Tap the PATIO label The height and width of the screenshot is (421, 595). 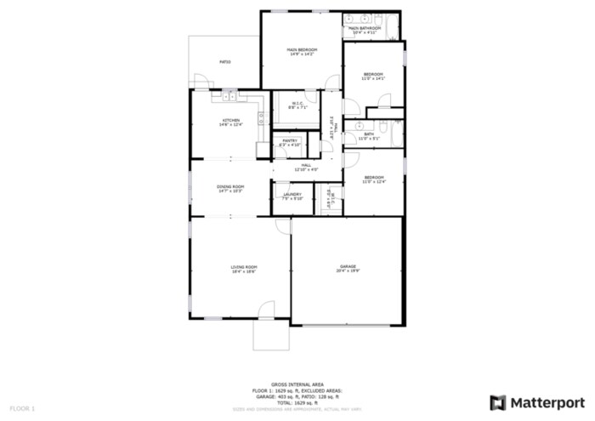(x=225, y=62)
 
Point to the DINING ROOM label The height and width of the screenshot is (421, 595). (x=230, y=188)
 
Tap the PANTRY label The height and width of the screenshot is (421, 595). (x=290, y=143)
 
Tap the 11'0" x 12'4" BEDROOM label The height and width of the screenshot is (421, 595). (x=374, y=179)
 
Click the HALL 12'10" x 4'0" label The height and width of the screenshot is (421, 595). (x=306, y=167)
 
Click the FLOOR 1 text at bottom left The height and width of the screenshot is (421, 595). (x=21, y=409)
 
